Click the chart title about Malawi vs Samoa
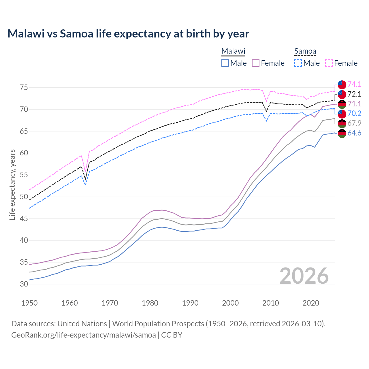(x=128, y=34)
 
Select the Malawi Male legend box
(x=225, y=63)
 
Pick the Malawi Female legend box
(x=256, y=63)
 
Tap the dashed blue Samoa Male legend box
(x=298, y=63)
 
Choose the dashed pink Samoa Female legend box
(x=329, y=63)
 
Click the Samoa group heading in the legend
(x=305, y=51)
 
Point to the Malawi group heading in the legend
(x=233, y=51)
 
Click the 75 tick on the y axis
(x=24, y=87)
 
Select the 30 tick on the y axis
(x=24, y=284)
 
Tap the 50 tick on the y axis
(x=24, y=197)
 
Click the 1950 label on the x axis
(x=29, y=303)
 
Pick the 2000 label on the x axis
(x=230, y=303)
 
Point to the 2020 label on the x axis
(x=311, y=303)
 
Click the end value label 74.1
(x=354, y=84)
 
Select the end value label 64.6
(x=354, y=133)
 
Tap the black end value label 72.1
(x=354, y=94)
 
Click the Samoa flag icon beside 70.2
(x=342, y=114)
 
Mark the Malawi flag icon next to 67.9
(x=342, y=123)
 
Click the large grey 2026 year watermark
(x=304, y=276)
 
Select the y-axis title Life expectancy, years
(x=12, y=184)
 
